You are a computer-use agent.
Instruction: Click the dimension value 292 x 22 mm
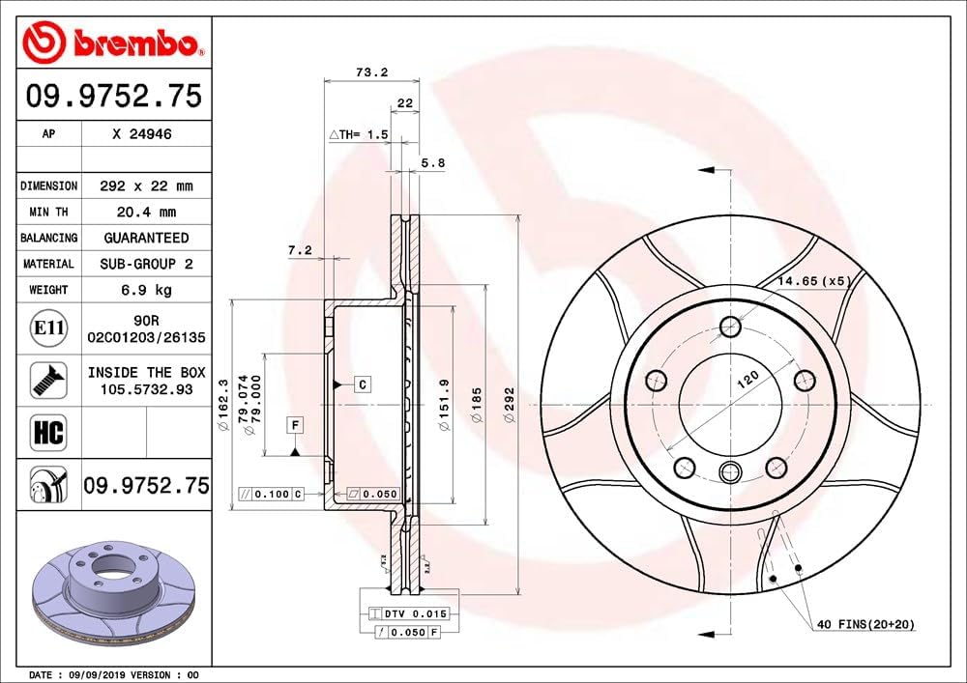pos(147,185)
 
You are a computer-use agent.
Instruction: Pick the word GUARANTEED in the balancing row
pos(147,238)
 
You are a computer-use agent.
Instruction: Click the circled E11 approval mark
pos(48,328)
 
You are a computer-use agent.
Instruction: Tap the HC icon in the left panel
pos(48,432)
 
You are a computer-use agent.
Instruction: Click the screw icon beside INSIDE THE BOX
pos(48,380)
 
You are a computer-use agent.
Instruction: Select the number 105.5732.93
pos(147,389)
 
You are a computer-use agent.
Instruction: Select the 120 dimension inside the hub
pos(747,380)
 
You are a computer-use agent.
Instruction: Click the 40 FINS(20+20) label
pos(864,625)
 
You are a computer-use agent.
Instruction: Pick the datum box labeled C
pos(362,384)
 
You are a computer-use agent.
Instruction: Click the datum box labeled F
pos(295,424)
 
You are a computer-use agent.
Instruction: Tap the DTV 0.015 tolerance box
pos(411,613)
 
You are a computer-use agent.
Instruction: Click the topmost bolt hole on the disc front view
pos(730,325)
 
